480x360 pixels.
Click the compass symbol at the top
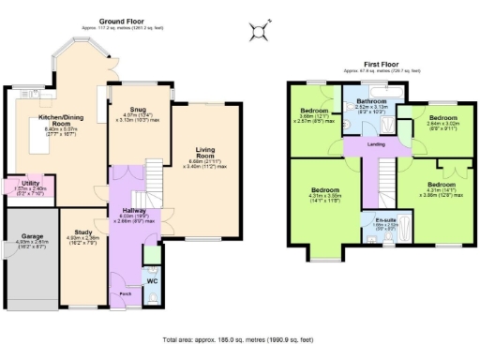coord(257,34)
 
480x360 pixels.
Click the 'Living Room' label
coord(205,153)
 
